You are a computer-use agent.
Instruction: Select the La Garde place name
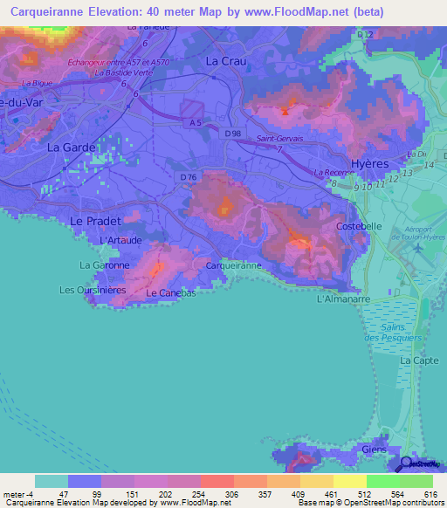pos(71,148)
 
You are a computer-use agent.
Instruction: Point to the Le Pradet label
pos(94,221)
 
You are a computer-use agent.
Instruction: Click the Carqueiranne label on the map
pos(233,264)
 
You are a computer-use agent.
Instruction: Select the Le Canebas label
pos(170,293)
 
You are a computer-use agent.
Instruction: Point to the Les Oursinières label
pos(93,290)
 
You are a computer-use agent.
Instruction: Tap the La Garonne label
pos(105,264)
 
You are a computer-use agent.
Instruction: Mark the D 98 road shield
pos(232,133)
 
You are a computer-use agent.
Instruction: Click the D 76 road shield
pos(189,178)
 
